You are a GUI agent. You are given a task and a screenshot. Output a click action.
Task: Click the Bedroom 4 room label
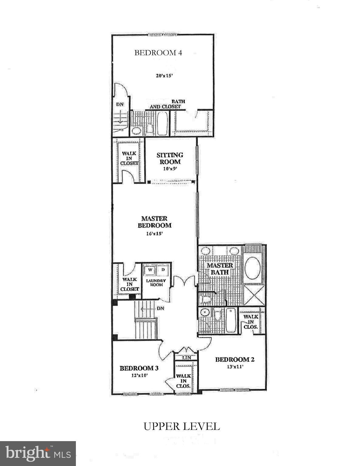tap(158, 53)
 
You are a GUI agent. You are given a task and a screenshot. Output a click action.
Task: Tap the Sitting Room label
tap(170, 158)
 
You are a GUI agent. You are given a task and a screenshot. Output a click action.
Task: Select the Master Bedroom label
tap(154, 222)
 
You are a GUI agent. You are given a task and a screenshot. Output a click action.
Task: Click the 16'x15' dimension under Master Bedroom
tap(155, 234)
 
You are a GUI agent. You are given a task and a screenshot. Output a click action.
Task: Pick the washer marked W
tap(150, 270)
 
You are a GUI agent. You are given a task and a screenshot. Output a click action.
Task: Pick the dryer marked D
tap(163, 270)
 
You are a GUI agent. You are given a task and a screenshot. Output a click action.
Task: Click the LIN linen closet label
tap(186, 358)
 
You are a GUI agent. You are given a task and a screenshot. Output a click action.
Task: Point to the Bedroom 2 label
tap(235, 360)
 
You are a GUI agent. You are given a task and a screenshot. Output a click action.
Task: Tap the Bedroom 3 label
tap(139, 368)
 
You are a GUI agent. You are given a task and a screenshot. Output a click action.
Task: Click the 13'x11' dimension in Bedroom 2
tap(235, 366)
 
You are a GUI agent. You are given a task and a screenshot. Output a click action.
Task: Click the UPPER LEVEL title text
tap(182, 426)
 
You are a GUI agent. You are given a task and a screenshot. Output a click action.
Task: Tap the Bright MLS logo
tap(38, 453)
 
